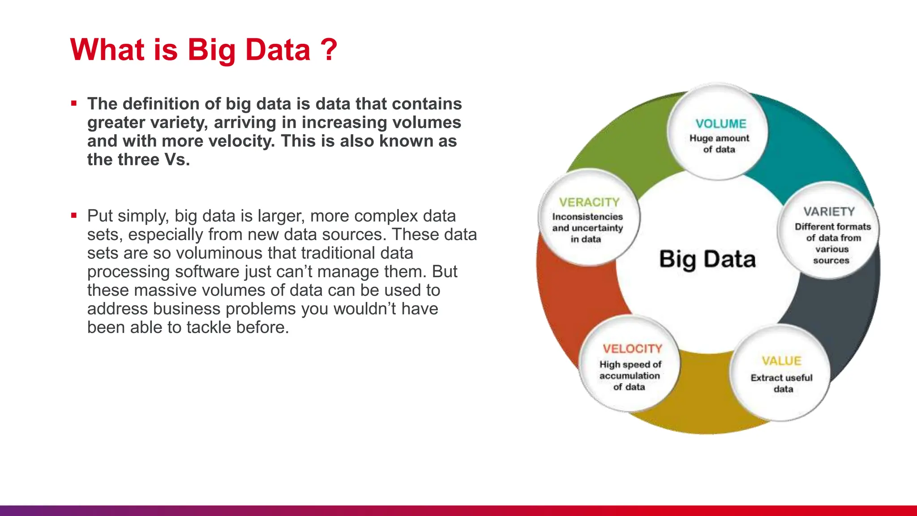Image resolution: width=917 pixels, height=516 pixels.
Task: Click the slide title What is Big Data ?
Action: click(204, 49)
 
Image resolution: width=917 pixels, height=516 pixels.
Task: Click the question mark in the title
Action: click(329, 49)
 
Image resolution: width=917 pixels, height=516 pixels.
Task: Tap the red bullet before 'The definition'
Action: click(74, 103)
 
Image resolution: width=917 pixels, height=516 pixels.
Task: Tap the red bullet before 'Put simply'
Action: click(74, 215)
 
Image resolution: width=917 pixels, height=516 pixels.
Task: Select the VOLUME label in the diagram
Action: click(720, 124)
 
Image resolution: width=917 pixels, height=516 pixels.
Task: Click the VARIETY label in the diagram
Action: click(829, 211)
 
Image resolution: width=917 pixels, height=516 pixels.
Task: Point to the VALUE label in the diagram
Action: click(781, 361)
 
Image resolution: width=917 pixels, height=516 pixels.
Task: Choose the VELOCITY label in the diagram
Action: click(632, 348)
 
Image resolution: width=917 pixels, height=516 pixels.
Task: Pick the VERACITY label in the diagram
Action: click(589, 202)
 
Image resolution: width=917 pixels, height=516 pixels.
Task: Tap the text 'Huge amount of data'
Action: click(719, 144)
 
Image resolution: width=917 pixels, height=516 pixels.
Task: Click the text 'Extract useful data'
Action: click(782, 383)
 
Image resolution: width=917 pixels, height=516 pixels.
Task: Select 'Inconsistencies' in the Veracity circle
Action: click(587, 217)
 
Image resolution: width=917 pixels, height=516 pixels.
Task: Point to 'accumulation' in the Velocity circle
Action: click(630, 376)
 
